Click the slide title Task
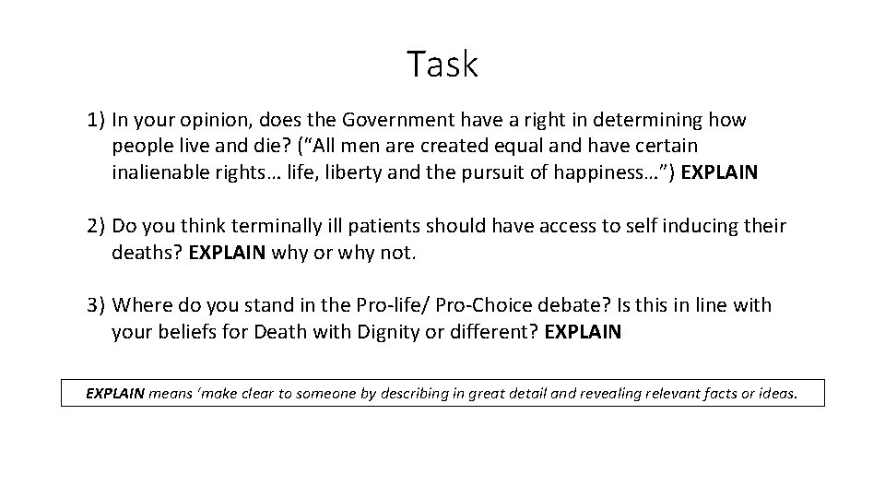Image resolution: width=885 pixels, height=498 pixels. pos(442,65)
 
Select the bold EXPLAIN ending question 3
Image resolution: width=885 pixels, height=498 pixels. pos(584,332)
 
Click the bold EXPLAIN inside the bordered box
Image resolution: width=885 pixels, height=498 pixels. pos(115,393)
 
